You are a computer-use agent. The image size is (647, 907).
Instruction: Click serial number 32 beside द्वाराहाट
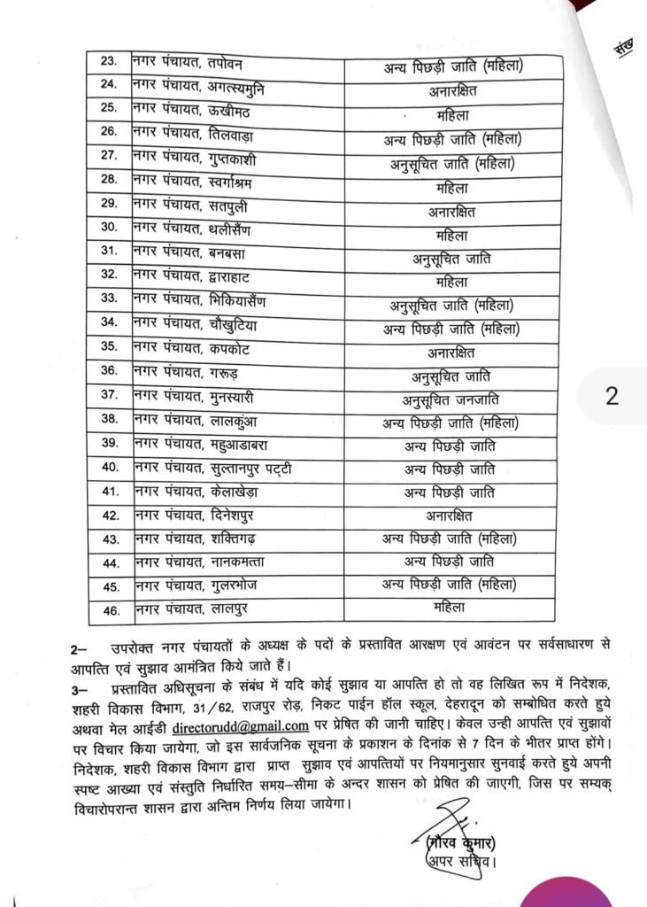pyautogui.click(x=109, y=283)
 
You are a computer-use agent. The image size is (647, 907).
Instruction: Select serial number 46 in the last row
pyautogui.click(x=110, y=609)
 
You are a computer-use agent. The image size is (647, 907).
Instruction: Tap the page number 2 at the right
pyautogui.click(x=612, y=396)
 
